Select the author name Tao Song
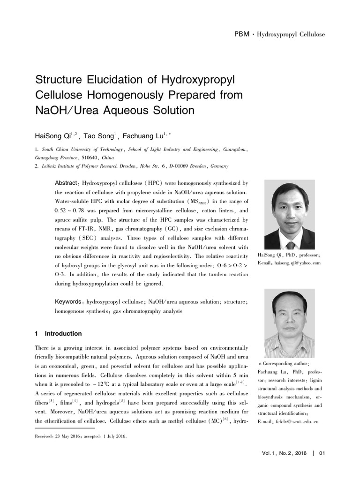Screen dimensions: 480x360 tap(99, 136)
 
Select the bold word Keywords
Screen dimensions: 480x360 tap(68, 302)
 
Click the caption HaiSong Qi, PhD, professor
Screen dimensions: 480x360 tap(289, 255)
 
